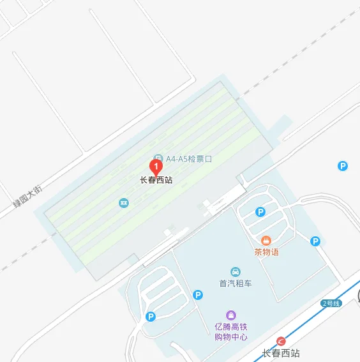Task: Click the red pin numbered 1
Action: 156,166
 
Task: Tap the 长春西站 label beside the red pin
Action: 156,180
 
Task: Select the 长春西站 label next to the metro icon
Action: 281,353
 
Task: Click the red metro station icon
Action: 281,341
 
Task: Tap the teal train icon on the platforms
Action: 124,203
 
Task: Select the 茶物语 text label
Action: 266,252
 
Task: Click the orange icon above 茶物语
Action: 266,240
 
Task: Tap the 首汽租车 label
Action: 236,283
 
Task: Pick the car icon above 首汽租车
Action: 236,272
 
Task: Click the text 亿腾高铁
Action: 230,327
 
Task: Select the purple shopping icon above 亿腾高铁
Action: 230,315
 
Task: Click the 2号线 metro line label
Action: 331,303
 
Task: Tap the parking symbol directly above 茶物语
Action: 260,212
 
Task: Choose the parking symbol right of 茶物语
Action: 315,241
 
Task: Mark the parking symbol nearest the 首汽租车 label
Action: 198,294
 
